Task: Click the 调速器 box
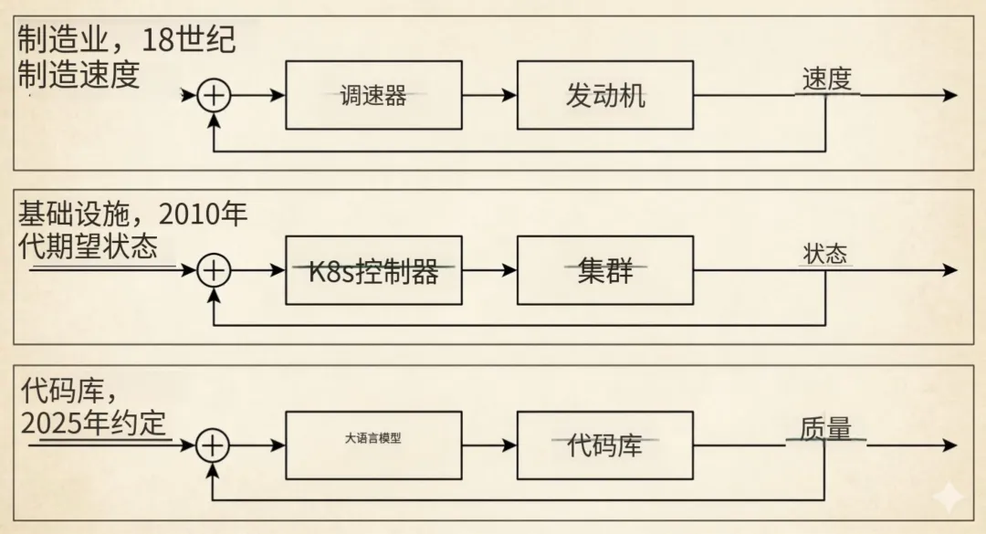coord(373,95)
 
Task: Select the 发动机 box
coord(604,95)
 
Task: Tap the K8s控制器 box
coord(373,270)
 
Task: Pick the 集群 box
coord(604,270)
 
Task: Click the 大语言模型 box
coord(373,445)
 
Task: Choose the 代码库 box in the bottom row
coord(604,445)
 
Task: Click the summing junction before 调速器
coord(214,95)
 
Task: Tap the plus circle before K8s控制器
coord(214,270)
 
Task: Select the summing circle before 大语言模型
coord(213,445)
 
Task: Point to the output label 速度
coord(826,79)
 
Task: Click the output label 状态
coord(825,254)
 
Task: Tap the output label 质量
coord(825,428)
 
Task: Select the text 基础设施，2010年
coord(133,215)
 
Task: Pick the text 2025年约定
coord(94,424)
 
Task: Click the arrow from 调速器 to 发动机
coord(489,95)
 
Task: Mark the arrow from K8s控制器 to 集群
coord(489,270)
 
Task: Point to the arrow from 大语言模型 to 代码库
coord(489,445)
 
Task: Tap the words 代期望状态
coord(88,247)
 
